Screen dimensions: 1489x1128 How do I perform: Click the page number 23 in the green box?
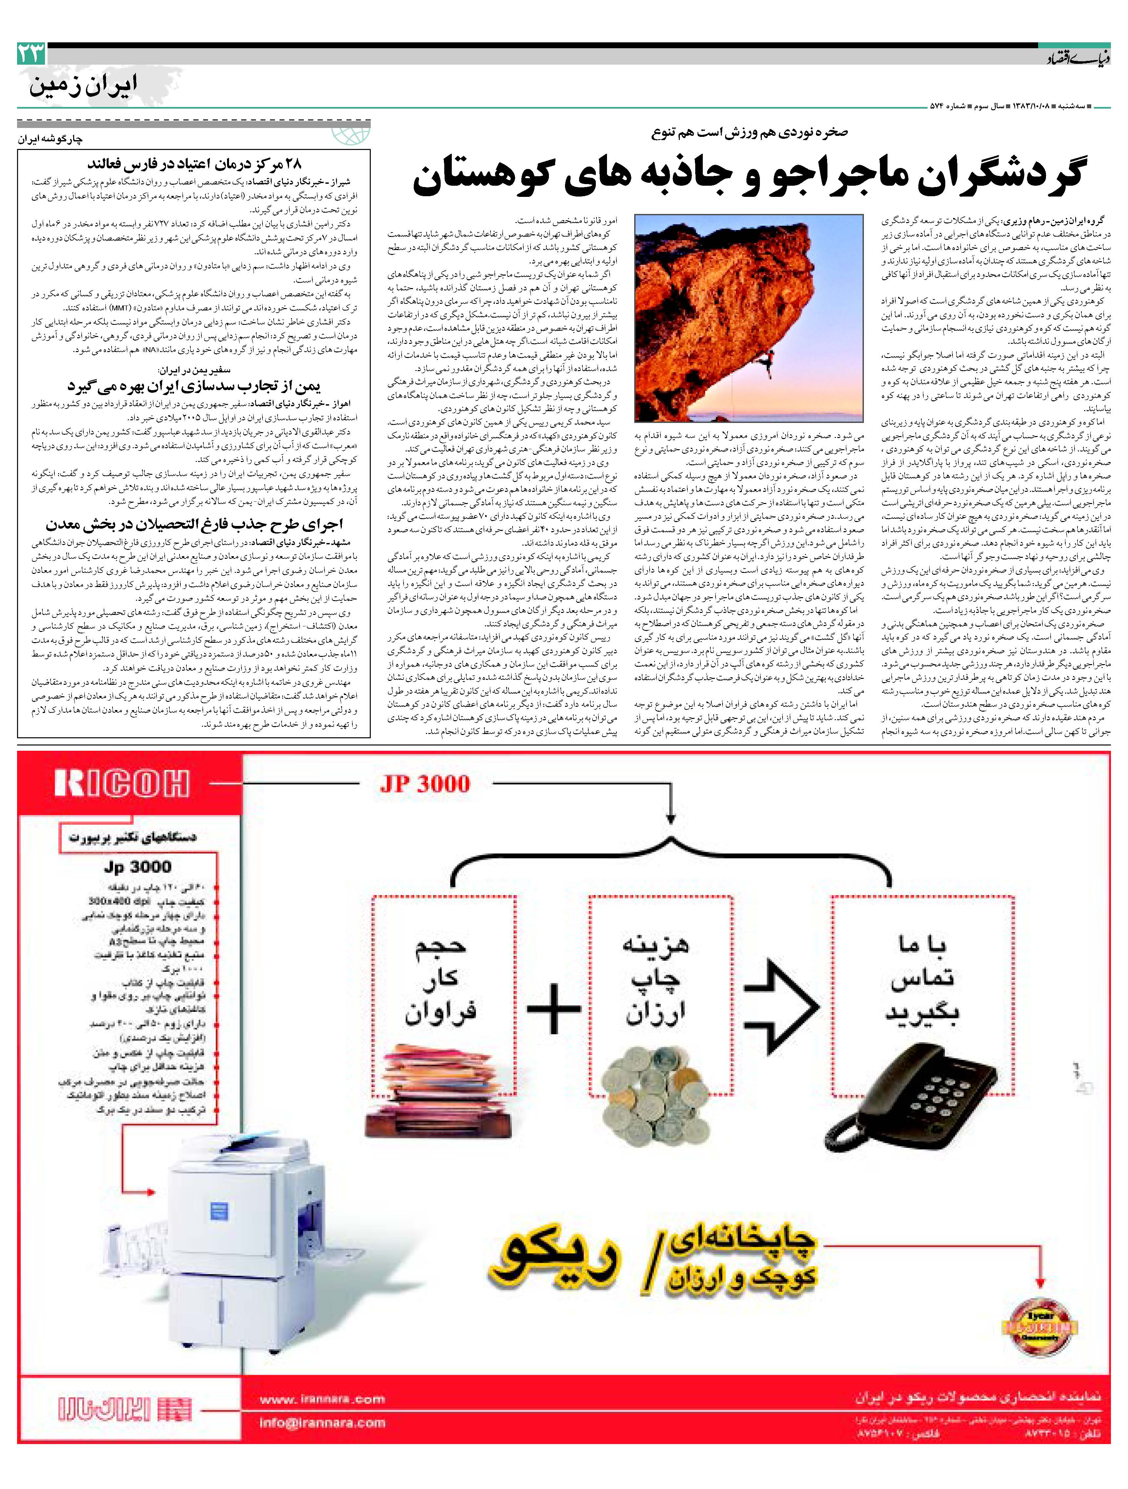click(31, 53)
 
